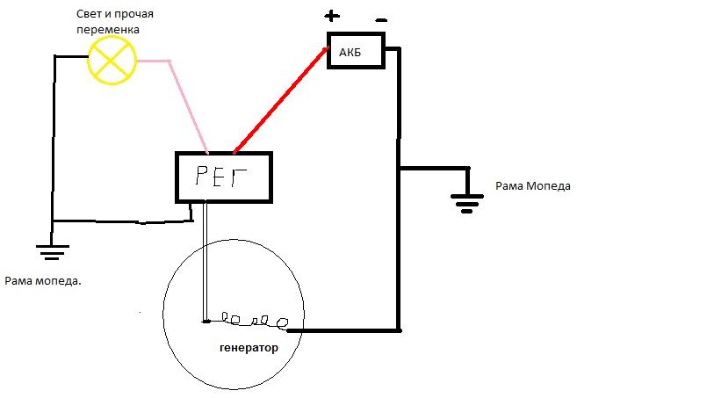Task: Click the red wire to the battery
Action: (281, 100)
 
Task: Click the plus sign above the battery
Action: (332, 17)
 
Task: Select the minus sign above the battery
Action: (381, 20)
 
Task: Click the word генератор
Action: (249, 348)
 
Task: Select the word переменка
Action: (108, 30)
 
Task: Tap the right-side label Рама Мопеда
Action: (533, 185)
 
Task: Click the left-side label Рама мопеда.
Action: (43, 281)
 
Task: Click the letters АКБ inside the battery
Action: (350, 53)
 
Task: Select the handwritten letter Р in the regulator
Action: (201, 176)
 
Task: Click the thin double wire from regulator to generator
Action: (205, 262)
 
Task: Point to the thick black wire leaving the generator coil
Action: (343, 330)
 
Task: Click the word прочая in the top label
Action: (133, 14)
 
